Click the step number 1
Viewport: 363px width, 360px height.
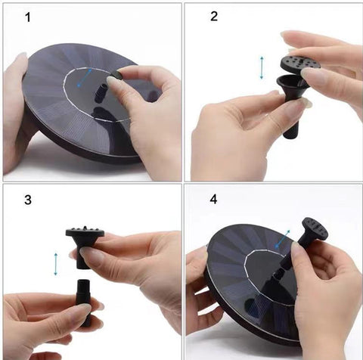(28, 17)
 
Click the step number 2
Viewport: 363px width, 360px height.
(214, 17)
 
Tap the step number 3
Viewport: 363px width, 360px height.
(28, 200)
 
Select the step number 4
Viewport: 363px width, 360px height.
(213, 200)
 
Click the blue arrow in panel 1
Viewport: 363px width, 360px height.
(85, 77)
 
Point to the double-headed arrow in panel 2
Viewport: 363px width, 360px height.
(262, 68)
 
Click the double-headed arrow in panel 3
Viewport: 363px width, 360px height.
(56, 264)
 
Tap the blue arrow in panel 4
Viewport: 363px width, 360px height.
(282, 239)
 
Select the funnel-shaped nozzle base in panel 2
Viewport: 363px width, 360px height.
(293, 106)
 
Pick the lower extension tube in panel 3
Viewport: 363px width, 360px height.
(84, 303)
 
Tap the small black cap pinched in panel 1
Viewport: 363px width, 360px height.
(116, 75)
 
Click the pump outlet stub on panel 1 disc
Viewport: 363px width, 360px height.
(101, 93)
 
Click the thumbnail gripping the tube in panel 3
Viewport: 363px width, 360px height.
(84, 307)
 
